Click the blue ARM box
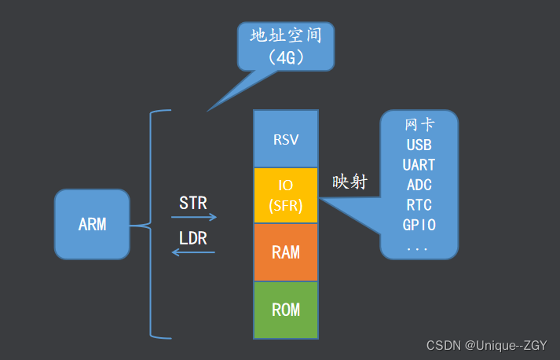(92, 224)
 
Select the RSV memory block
(285, 139)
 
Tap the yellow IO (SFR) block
(285, 196)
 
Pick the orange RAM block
(285, 252)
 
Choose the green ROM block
(285, 309)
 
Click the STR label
(193, 203)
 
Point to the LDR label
(193, 238)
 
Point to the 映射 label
(350, 182)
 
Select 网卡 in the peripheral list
(419, 125)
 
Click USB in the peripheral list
(419, 145)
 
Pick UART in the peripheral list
(419, 165)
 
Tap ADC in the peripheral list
(419, 186)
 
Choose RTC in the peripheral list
(419, 205)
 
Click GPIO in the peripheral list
(419, 225)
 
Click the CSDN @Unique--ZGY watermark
(486, 346)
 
